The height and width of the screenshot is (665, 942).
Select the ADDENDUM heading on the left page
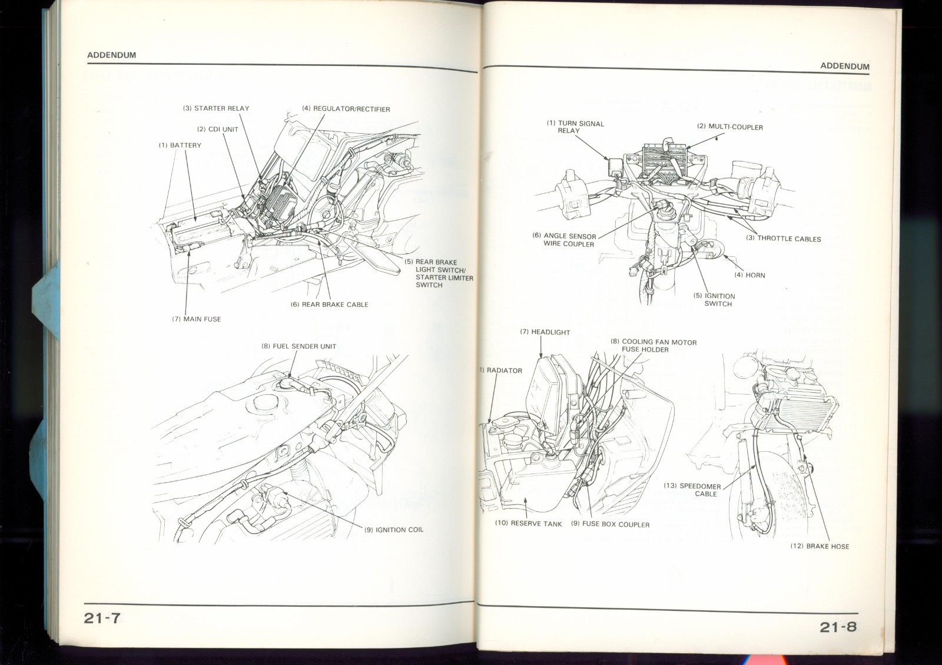[111, 55]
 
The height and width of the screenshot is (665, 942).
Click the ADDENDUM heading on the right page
[844, 66]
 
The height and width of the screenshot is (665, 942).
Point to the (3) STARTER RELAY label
[215, 108]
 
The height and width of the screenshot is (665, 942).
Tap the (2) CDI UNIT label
[217, 129]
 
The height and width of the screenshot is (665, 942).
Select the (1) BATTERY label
[180, 145]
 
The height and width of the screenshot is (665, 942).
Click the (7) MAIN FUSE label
[196, 319]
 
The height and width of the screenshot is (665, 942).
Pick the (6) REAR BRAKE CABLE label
[329, 305]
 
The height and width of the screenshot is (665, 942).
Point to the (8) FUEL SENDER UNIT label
[298, 346]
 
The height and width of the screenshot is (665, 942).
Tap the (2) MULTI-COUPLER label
[729, 127]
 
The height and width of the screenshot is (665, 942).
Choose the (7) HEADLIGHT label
[545, 332]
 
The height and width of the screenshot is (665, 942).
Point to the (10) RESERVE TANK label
[528, 524]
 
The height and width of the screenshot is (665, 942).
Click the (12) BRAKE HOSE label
[820, 546]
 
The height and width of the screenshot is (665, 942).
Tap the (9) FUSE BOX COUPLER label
[610, 524]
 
